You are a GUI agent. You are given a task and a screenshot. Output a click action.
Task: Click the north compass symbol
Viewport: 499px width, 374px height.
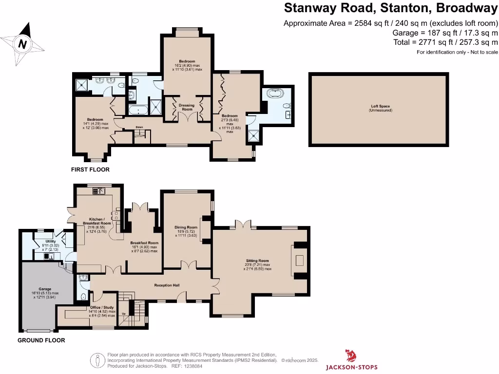tap(22, 44)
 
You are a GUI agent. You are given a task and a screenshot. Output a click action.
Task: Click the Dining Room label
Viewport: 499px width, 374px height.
tap(186, 227)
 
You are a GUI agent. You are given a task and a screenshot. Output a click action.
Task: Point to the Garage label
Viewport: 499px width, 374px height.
tap(45, 289)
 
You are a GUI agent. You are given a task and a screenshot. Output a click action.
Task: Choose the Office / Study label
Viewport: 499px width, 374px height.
tap(102, 308)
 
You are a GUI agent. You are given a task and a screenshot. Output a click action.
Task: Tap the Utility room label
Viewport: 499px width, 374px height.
tap(51, 242)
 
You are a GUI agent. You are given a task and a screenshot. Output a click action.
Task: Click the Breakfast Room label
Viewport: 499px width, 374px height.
tap(144, 243)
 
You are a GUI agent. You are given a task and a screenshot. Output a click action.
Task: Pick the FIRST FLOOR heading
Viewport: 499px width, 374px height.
tap(90, 170)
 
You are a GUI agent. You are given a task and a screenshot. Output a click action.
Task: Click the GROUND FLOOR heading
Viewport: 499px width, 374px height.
tap(41, 340)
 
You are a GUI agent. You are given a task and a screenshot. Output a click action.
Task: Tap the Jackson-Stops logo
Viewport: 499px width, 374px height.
tap(351, 361)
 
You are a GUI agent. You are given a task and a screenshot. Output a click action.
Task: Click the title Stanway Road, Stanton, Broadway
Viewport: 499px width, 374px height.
tap(390, 8)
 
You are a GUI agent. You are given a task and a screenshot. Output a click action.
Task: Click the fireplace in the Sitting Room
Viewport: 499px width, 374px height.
tap(299, 260)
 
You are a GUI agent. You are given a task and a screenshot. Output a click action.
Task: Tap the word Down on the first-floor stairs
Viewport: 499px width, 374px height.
tap(139, 128)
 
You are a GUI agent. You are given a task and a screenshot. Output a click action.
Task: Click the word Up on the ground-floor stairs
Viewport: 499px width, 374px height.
tap(123, 313)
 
